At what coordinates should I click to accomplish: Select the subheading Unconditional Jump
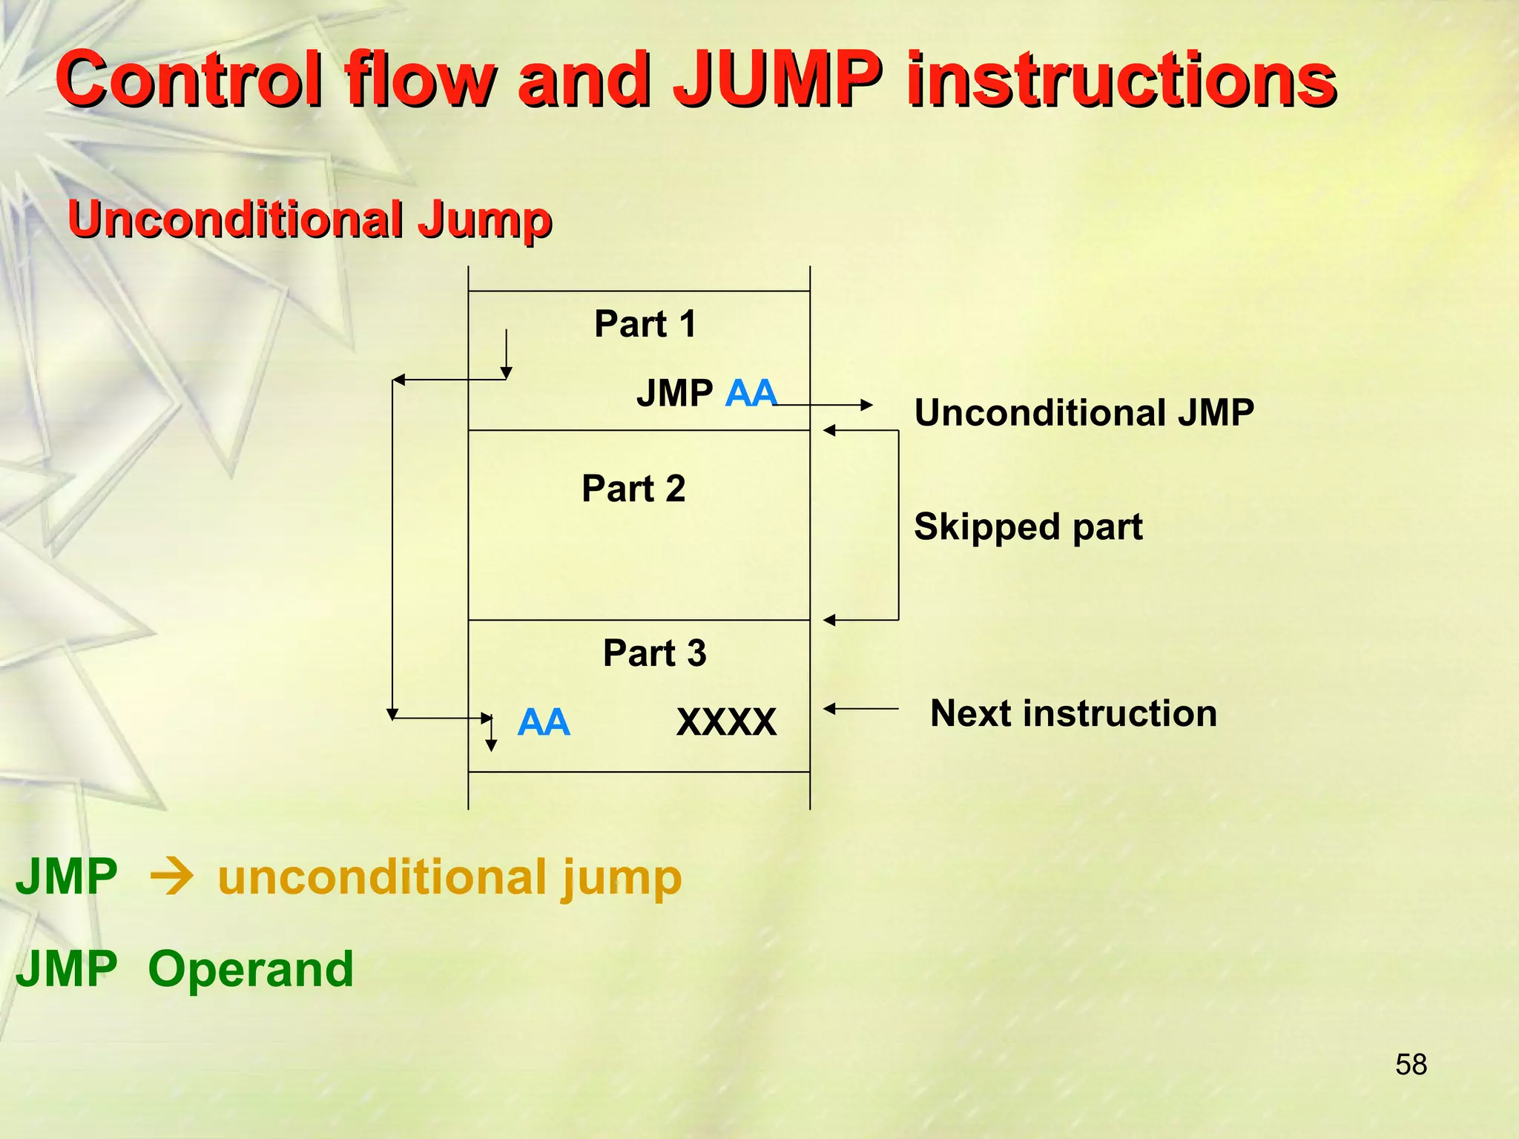309,219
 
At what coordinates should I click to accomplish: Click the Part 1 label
645,324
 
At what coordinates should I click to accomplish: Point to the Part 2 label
633,489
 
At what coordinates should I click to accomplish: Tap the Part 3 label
654,653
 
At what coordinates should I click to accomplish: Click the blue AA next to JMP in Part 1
751,393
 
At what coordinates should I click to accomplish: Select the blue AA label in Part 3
544,722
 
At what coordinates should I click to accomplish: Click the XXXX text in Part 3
726,722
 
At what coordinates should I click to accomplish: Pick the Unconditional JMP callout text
1084,412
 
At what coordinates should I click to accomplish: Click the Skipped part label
1028,526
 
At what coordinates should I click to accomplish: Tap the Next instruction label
1073,713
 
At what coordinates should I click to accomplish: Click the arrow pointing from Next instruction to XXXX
860,709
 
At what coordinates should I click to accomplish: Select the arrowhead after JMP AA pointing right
866,405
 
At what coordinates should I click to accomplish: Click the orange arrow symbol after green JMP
171,878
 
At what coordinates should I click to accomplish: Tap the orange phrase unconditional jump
449,877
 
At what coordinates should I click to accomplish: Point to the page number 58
1411,1065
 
